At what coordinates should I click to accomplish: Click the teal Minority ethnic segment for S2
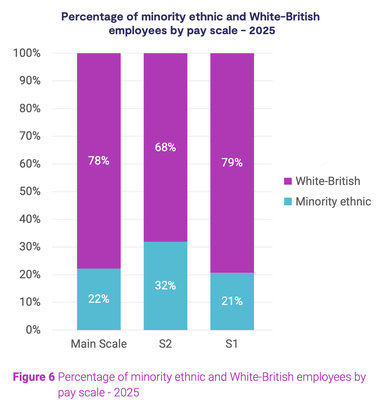165,267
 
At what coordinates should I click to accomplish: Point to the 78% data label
99,161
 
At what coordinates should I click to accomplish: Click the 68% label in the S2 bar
165,147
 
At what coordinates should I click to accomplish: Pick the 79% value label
232,163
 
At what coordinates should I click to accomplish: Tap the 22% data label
99,299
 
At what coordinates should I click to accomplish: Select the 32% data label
165,285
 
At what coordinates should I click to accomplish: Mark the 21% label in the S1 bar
232,301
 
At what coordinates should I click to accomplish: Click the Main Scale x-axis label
99,344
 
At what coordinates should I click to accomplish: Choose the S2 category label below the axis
165,344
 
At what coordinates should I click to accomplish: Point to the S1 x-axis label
232,344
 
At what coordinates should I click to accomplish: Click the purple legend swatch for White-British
288,181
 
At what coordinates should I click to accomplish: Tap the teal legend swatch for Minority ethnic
288,202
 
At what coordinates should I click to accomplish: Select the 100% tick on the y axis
27,53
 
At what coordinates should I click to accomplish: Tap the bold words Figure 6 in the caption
34,377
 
